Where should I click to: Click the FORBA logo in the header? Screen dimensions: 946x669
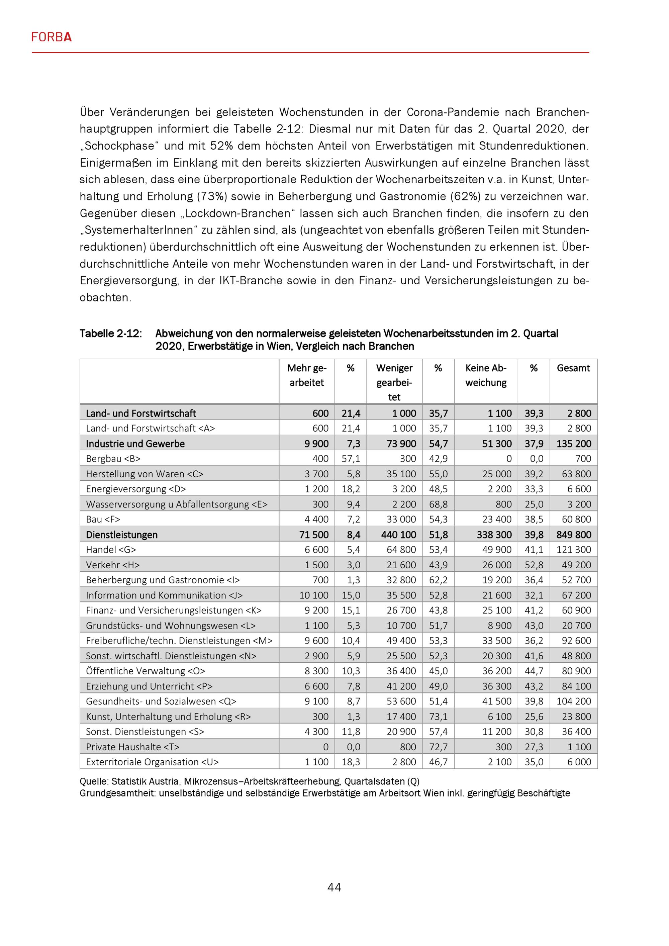(52, 37)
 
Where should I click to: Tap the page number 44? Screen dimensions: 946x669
(334, 887)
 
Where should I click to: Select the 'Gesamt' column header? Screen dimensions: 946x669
(573, 368)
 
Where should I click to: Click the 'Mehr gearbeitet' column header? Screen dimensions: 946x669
(306, 375)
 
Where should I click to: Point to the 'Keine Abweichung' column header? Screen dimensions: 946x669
(486, 375)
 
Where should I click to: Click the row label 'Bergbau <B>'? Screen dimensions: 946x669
(113, 459)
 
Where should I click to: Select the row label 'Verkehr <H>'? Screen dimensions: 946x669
(113, 565)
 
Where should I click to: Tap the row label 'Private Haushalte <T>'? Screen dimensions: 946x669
(133, 747)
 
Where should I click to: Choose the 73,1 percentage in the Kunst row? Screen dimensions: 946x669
(438, 717)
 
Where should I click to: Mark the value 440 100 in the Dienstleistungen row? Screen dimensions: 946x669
(398, 535)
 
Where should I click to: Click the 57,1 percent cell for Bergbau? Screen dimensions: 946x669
(351, 459)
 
